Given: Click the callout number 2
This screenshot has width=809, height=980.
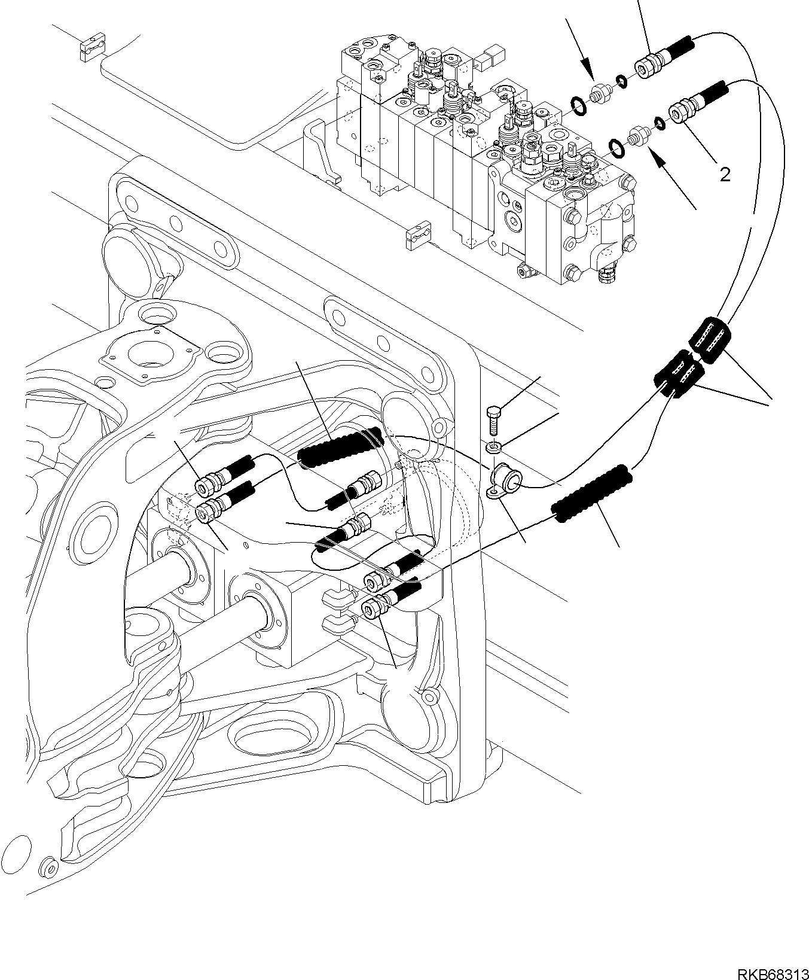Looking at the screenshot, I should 725,175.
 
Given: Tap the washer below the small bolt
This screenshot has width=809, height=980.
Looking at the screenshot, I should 494,446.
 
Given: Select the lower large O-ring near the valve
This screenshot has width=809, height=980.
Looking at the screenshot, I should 618,146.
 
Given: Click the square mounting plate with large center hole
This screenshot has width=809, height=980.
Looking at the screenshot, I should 149,353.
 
